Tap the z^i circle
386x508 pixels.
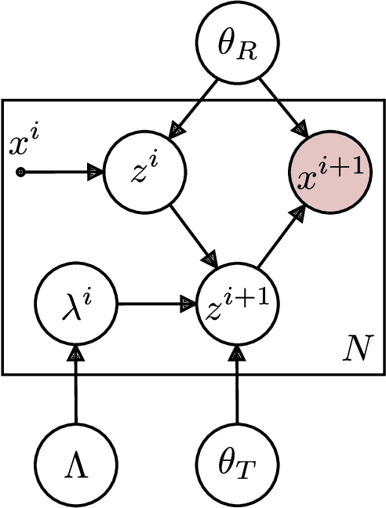(x=147, y=172)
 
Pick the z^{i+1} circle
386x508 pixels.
(x=236, y=301)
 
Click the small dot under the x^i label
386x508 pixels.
(x=21, y=172)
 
